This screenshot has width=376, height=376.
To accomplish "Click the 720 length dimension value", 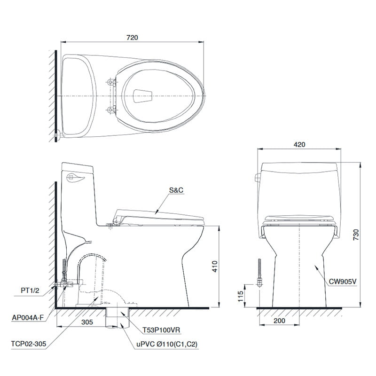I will (132, 38).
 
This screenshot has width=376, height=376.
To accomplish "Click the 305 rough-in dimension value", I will (86, 322).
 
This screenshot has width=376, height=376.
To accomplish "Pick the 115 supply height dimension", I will (240, 296).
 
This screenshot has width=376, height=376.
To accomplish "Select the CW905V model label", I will (343, 282).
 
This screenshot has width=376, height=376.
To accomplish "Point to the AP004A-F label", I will (28, 317).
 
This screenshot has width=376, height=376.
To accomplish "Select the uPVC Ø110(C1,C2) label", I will (167, 345).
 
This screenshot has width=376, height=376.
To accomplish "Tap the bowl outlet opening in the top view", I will (141, 95).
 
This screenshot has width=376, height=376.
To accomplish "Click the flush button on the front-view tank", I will (257, 178).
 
